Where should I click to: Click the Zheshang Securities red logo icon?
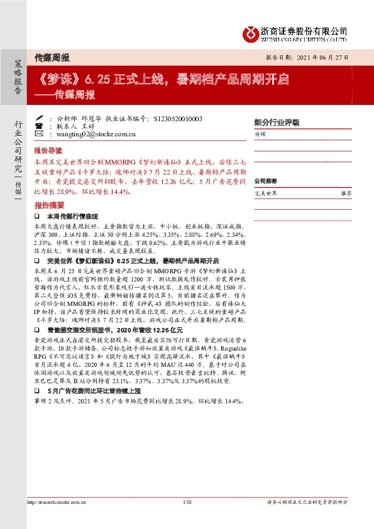click(250, 31)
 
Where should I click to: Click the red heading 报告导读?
click(48, 151)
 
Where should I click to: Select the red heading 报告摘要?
click(48, 205)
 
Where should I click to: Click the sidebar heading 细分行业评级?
click(277, 123)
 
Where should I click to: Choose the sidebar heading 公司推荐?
click(266, 181)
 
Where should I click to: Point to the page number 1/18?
click(187, 502)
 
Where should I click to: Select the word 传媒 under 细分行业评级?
click(260, 134)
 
